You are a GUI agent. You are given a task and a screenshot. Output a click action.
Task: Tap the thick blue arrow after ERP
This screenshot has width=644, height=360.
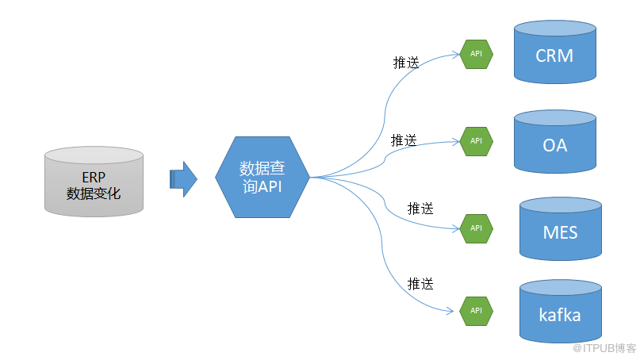pyautogui.click(x=183, y=178)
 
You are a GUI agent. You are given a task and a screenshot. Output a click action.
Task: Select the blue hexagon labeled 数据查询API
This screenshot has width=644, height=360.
pyautogui.click(x=262, y=177)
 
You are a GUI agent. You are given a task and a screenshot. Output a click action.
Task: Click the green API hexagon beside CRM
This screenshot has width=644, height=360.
pyautogui.click(x=476, y=54)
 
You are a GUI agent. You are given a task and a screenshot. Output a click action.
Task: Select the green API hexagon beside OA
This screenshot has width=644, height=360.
pyautogui.click(x=476, y=140)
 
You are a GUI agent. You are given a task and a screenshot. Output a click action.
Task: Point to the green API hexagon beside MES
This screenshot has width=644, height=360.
pyautogui.click(x=476, y=228)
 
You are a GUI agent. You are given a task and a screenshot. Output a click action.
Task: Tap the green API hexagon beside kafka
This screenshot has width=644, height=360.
pyautogui.click(x=476, y=310)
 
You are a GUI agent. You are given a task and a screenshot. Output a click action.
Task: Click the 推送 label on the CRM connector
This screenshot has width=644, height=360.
pyautogui.click(x=406, y=63)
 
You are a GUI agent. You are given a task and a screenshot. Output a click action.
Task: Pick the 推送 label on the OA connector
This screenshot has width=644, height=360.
pyautogui.click(x=404, y=140)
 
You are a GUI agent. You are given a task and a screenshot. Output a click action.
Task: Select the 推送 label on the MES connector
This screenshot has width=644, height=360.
pyautogui.click(x=420, y=209)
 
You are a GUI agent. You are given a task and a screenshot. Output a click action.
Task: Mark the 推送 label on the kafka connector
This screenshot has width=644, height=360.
pyautogui.click(x=420, y=283)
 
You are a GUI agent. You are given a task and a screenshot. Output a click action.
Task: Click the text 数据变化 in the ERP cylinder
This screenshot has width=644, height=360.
pyautogui.click(x=94, y=192)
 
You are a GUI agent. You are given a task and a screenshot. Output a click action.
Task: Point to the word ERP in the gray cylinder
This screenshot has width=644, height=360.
pyautogui.click(x=94, y=177)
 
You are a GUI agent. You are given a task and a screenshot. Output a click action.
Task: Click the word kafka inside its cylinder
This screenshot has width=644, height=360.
pyautogui.click(x=560, y=315)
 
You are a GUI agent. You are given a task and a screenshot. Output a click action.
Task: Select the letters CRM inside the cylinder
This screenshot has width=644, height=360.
pyautogui.click(x=554, y=56)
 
